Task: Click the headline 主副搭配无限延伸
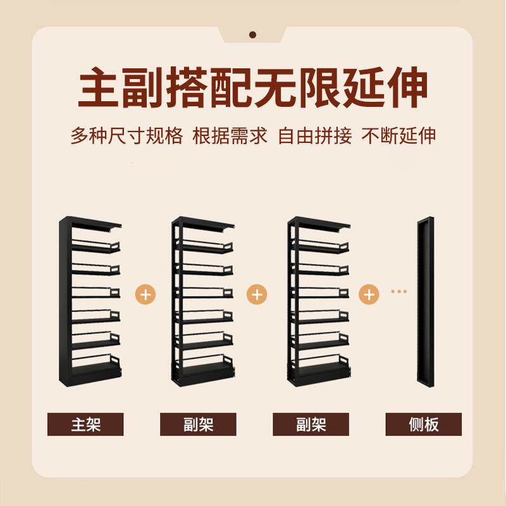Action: (x=253, y=89)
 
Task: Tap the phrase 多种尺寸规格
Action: (x=126, y=136)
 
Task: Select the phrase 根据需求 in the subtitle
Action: (x=231, y=136)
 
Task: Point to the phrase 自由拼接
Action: (x=315, y=136)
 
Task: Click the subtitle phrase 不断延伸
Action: (x=398, y=136)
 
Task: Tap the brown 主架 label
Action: (x=85, y=424)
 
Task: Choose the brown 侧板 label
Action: (x=423, y=424)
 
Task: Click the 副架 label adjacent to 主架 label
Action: (x=198, y=424)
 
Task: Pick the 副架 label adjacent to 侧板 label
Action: (x=311, y=424)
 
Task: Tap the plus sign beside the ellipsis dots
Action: (x=369, y=294)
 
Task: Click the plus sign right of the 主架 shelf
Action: (x=145, y=294)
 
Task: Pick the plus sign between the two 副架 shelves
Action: (x=258, y=294)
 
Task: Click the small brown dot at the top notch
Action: (x=252, y=35)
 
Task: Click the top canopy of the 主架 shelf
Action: (x=92, y=223)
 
